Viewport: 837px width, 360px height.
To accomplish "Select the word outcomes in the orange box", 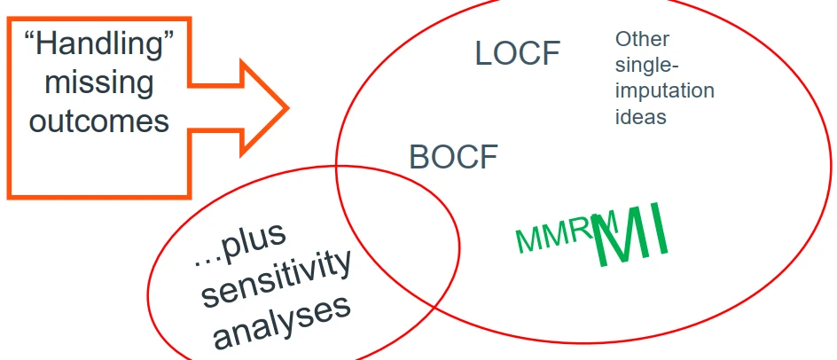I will coord(98,120).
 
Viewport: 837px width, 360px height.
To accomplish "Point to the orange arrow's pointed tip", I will coord(287,108).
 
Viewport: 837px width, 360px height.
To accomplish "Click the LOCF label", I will coord(518,54).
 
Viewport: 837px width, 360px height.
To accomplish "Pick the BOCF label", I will coord(453,158).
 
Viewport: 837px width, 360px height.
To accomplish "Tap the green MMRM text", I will coord(556,233).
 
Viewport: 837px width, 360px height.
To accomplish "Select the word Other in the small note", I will coord(642,40).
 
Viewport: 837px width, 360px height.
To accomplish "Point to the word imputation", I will coord(664,91).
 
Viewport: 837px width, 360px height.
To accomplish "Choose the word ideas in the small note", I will coord(640,116).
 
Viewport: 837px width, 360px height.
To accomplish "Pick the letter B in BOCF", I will coord(418,158).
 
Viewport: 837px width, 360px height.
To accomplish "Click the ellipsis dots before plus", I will coord(205,263).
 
